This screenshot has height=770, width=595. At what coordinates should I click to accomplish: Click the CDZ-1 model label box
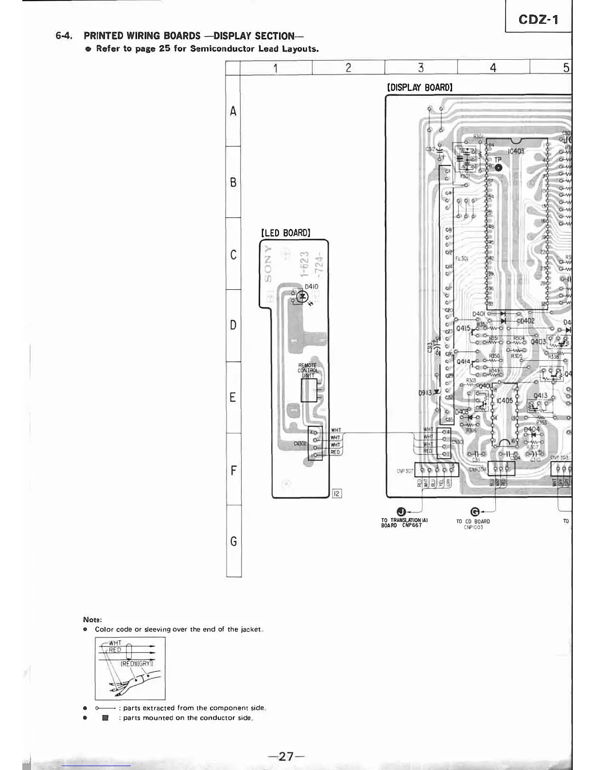click(x=538, y=19)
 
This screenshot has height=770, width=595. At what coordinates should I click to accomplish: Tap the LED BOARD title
click(x=285, y=232)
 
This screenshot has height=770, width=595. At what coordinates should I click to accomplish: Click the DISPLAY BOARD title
click(x=419, y=87)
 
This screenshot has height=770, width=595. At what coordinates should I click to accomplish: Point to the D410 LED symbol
click(x=303, y=296)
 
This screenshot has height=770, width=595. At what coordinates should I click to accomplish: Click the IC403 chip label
click(x=516, y=151)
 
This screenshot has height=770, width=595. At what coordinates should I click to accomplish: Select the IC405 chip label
click(x=504, y=401)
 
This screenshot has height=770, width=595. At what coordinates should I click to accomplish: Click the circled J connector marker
click(x=401, y=511)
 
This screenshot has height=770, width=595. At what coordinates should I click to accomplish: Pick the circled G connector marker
click(x=476, y=511)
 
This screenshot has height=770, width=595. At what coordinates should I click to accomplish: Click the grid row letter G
click(x=234, y=541)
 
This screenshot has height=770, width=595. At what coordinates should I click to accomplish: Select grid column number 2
click(x=348, y=68)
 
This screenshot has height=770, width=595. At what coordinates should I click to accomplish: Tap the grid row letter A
click(x=233, y=111)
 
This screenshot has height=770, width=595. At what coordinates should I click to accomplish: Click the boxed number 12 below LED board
click(x=337, y=494)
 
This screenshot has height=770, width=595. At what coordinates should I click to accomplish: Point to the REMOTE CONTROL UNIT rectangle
click(x=308, y=390)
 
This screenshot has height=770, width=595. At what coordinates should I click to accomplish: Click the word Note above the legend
click(x=92, y=620)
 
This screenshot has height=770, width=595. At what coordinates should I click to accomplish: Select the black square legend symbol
click(x=105, y=717)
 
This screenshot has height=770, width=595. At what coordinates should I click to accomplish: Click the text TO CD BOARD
click(x=472, y=521)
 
